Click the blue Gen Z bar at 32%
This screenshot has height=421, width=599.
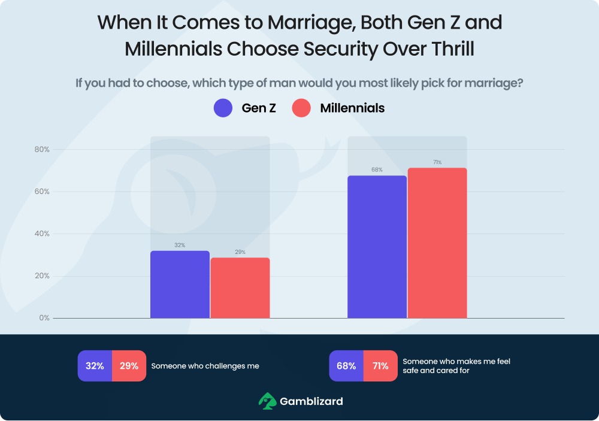click(180, 284)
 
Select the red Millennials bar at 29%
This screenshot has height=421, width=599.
click(240, 288)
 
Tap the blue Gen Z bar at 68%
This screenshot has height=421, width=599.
click(377, 247)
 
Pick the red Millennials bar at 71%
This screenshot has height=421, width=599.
click(437, 243)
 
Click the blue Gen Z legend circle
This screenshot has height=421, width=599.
click(223, 108)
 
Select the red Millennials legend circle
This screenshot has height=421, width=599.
click(301, 108)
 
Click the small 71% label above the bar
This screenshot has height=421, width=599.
click(437, 162)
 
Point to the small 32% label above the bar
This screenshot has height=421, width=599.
click(180, 246)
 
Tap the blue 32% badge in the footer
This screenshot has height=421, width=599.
click(95, 366)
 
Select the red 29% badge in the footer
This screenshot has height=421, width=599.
click(129, 366)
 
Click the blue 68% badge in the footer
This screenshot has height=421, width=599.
click(346, 366)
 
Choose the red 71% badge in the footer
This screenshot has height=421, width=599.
click(380, 366)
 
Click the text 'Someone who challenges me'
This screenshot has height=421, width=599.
click(205, 366)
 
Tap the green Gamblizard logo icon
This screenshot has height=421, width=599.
click(267, 401)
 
